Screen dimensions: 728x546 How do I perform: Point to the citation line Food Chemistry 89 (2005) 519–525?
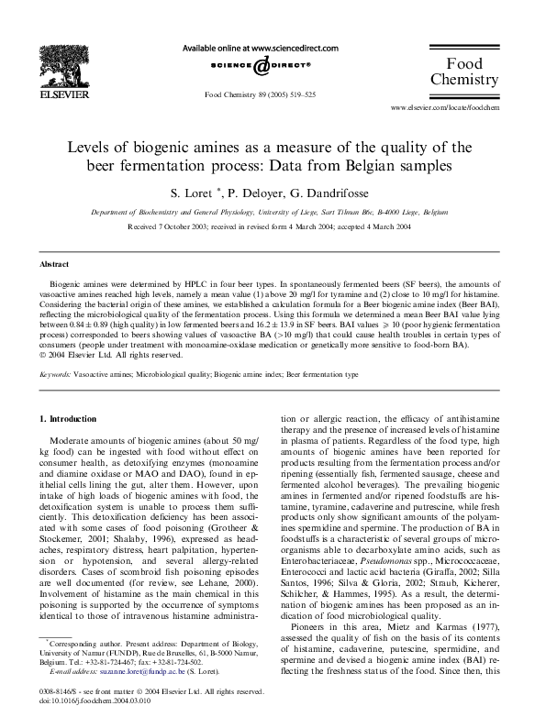(x=260, y=94)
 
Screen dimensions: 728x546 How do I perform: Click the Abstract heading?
(x=53, y=263)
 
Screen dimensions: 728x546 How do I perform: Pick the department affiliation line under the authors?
(x=273, y=212)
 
